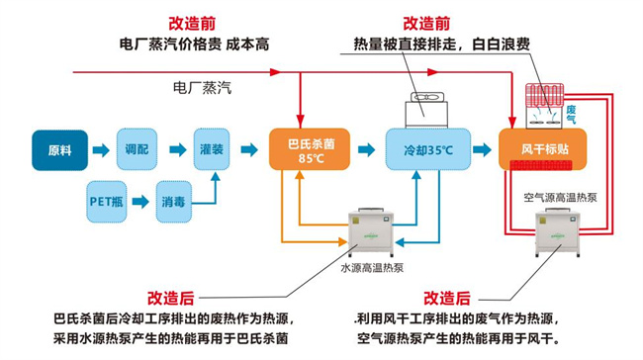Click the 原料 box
point(60,150)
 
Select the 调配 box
point(137,148)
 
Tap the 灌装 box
point(214,148)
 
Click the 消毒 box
point(174,201)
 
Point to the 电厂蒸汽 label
point(202,89)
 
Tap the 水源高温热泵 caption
point(374,267)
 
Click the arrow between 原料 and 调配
point(100,149)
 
